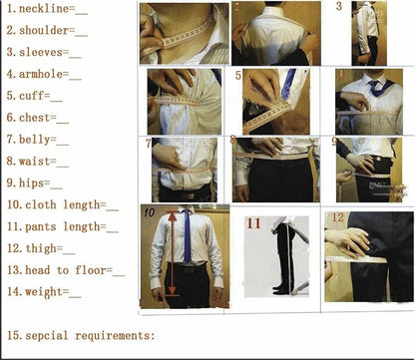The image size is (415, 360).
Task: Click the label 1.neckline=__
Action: [x=46, y=10]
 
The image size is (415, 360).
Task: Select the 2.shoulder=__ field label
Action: [x=46, y=31]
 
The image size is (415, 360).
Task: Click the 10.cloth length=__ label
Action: [x=62, y=205]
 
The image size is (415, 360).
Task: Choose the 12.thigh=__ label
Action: [x=40, y=248]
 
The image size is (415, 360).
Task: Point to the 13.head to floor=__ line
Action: [x=65, y=270]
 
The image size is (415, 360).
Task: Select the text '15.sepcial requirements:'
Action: [x=81, y=335]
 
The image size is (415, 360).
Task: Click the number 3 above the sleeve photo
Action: [x=338, y=7]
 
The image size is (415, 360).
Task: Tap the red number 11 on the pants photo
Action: [x=253, y=223]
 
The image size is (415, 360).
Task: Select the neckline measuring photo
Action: [x=181, y=34]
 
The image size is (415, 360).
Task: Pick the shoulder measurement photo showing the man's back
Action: [x=276, y=33]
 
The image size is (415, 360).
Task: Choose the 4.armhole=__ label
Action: [x=43, y=75]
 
